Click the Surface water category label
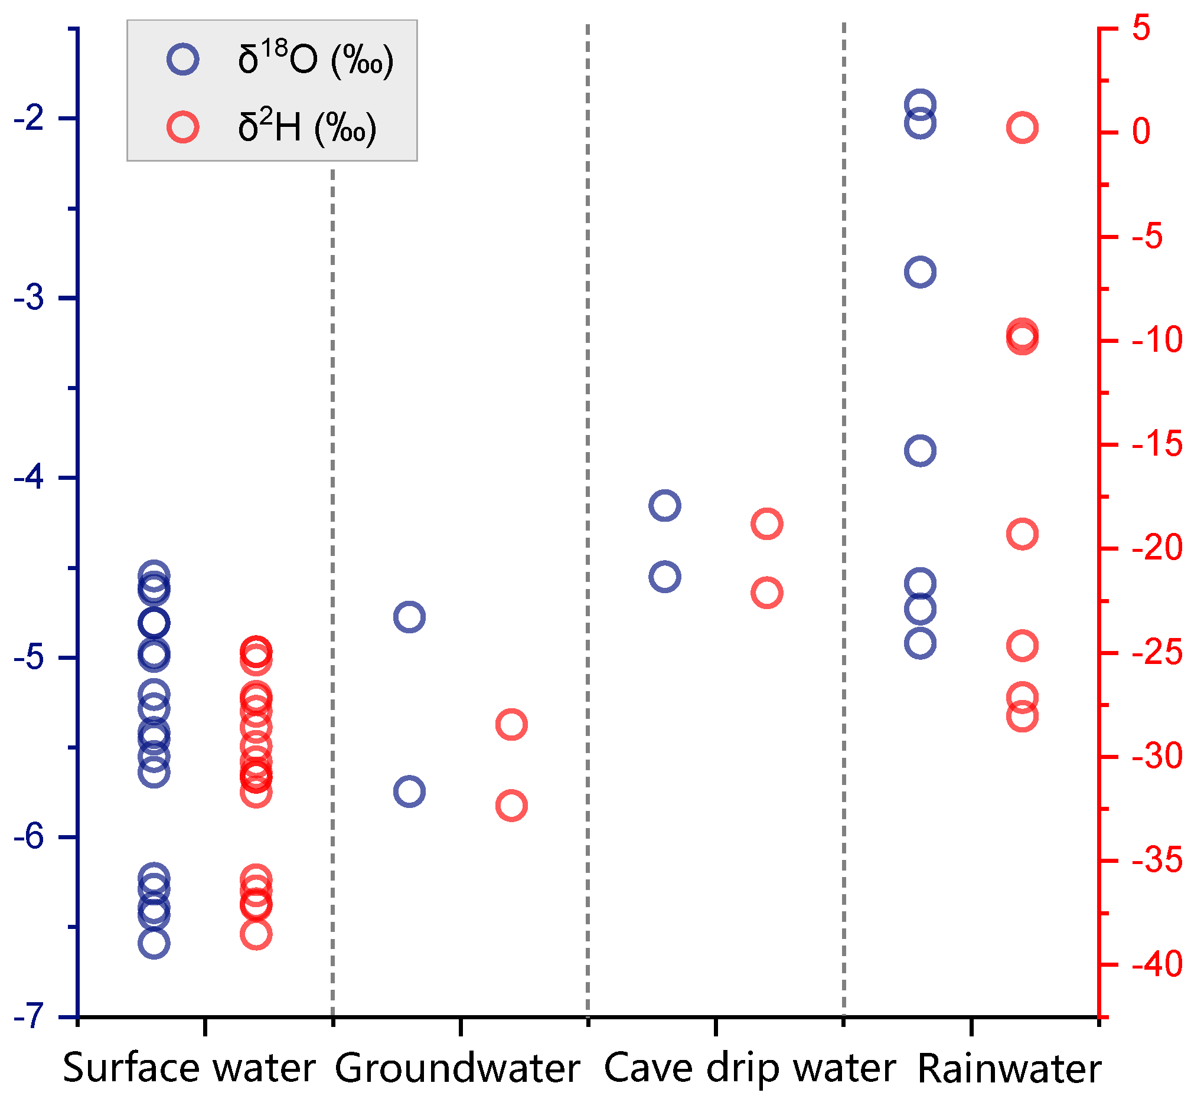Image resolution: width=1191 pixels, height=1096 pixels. tap(189, 1068)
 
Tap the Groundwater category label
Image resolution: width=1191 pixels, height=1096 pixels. tap(457, 1068)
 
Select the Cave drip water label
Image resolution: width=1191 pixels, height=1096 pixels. tap(749, 1068)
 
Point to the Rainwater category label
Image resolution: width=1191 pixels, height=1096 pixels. tap(1009, 1068)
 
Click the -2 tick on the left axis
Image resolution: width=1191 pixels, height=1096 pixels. tap(30, 119)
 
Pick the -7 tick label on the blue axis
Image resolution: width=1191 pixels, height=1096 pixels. tap(30, 1016)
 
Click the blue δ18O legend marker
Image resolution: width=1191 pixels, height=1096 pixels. tap(183, 59)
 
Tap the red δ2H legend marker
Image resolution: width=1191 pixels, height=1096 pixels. tap(183, 127)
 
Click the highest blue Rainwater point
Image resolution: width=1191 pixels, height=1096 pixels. tap(920, 105)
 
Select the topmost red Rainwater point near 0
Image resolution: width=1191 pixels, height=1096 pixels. tap(1022, 127)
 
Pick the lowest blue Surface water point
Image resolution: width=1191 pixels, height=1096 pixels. tap(154, 943)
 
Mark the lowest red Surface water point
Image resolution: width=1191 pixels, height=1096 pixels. tap(256, 934)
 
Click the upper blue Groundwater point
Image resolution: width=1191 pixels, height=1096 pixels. tap(409, 617)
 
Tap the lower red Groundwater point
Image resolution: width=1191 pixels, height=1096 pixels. tap(511, 806)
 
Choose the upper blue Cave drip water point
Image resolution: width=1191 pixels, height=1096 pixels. tap(664, 505)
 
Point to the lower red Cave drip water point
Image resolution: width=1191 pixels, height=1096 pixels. tap(766, 593)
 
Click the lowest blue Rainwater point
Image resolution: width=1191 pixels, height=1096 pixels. tap(920, 643)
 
